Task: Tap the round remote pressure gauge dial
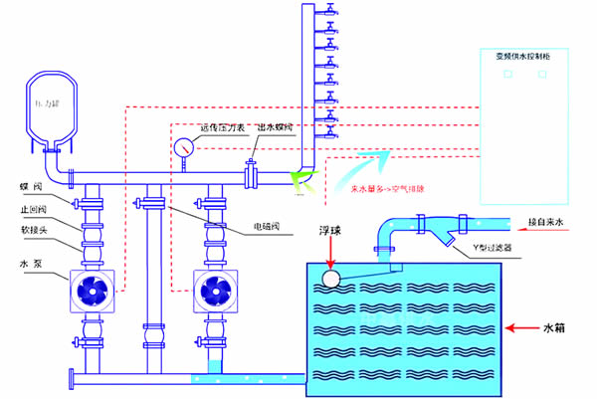184,147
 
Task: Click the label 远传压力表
221,127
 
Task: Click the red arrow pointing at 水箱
522,325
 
